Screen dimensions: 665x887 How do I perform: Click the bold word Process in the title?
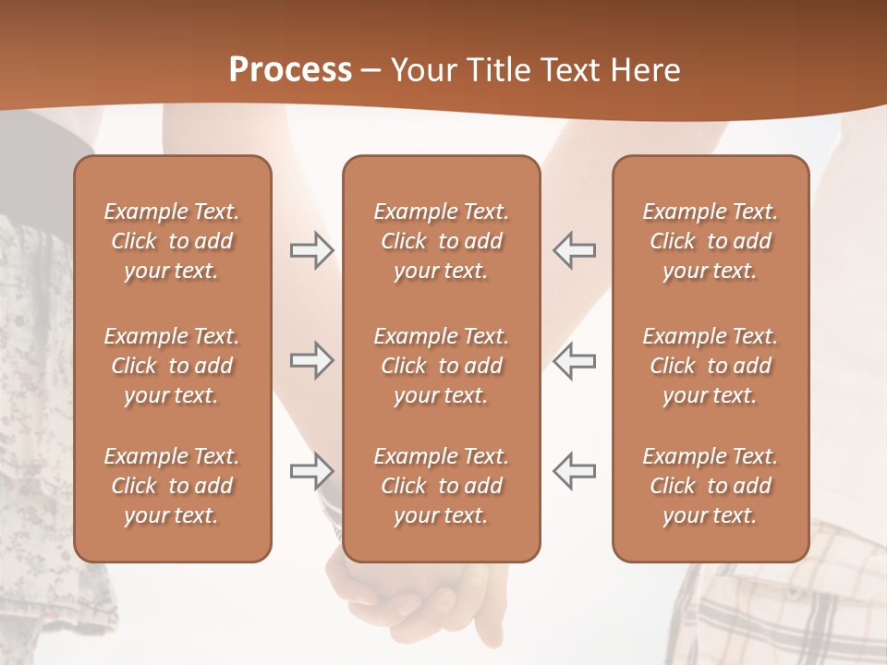tap(290, 70)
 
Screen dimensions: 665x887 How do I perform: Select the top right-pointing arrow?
tap(311, 250)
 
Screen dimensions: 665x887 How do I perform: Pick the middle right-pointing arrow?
tap(311, 360)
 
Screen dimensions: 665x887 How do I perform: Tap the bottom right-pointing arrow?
tap(311, 471)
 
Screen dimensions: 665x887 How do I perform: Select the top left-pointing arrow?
tap(575, 250)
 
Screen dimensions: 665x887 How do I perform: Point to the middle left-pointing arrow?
tap(575, 360)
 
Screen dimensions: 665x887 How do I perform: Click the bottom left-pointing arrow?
tap(575, 471)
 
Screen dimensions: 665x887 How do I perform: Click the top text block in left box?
tap(172, 241)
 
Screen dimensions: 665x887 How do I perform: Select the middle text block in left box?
tap(172, 366)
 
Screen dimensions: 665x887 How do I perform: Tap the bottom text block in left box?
tap(172, 486)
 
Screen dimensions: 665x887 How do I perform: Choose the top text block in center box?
tap(441, 241)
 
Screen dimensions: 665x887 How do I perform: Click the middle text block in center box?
tap(441, 366)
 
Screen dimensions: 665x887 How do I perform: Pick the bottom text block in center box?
tap(441, 486)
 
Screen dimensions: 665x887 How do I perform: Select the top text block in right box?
tap(710, 241)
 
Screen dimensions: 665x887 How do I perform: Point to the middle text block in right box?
tap(710, 366)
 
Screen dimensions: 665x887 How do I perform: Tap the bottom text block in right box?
tap(710, 486)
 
